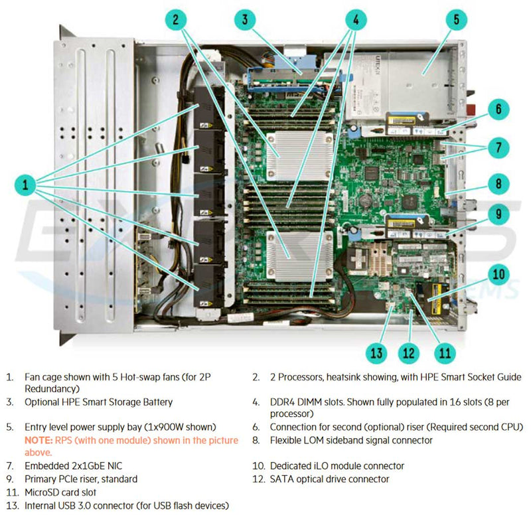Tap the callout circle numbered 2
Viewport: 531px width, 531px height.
pyautogui.click(x=175, y=20)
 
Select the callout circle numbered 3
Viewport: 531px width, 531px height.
pyautogui.click(x=245, y=20)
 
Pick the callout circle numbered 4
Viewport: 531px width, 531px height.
pyautogui.click(x=356, y=20)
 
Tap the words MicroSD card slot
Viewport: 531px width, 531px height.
pyautogui.click(x=60, y=493)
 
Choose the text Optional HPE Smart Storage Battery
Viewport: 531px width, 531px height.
pyautogui.click(x=98, y=402)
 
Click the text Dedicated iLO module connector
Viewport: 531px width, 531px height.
pyautogui.click(x=337, y=466)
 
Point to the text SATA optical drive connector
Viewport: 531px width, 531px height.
pyautogui.click(x=329, y=479)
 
